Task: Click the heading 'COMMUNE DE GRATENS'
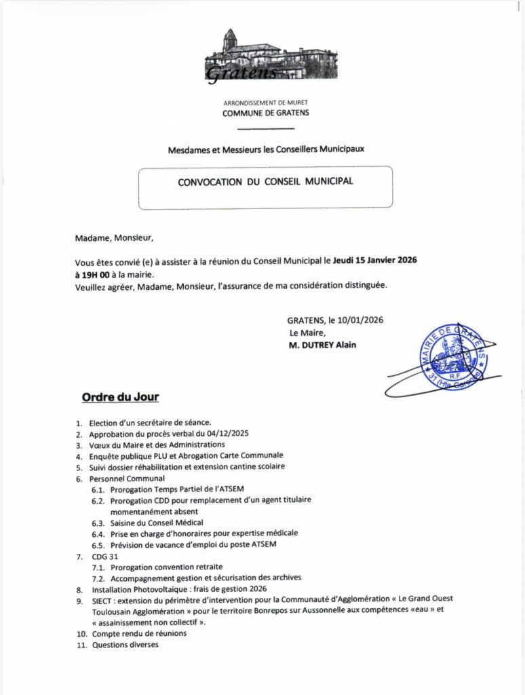pyautogui.click(x=266, y=113)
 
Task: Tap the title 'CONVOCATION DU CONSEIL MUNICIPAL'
pyautogui.click(x=265, y=182)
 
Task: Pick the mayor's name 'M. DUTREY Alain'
pyautogui.click(x=322, y=345)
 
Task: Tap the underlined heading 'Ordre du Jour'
pyautogui.click(x=120, y=396)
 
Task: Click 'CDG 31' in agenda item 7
pyautogui.click(x=103, y=556)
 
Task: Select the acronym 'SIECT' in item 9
pyautogui.click(x=103, y=600)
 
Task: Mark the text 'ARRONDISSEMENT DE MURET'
pyautogui.click(x=266, y=102)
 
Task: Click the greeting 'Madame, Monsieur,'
pyautogui.click(x=115, y=238)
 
